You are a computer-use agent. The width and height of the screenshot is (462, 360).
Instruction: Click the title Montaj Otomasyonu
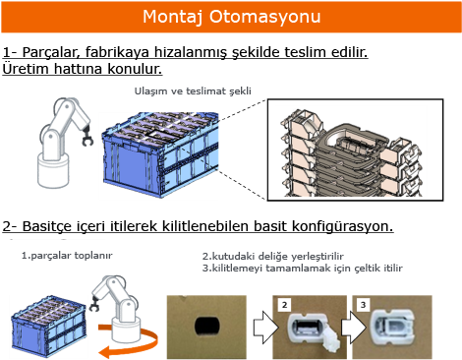point(231,17)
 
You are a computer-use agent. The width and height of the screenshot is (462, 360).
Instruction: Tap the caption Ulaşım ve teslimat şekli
point(193,90)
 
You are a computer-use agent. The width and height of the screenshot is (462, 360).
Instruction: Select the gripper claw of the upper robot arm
point(87,137)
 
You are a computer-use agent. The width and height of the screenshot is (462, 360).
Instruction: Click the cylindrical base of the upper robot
point(53,171)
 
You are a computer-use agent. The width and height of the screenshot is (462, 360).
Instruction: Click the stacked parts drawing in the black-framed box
point(351,152)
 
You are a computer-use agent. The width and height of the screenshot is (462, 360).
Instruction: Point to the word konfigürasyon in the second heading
point(342,226)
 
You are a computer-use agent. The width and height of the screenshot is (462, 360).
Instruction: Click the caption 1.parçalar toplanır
point(67,256)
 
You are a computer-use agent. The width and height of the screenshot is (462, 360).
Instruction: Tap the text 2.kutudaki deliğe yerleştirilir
point(272,256)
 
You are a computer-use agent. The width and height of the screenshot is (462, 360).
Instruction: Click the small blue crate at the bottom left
point(48,326)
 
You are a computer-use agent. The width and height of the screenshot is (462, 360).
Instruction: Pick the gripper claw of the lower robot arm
point(94,304)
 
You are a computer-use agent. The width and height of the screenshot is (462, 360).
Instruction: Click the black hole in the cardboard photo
point(207,327)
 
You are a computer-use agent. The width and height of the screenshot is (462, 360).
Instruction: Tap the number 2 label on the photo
point(284,305)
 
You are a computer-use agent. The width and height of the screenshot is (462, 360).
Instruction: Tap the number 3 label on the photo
point(363,305)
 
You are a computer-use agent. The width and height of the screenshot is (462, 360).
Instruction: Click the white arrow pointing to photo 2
point(265,327)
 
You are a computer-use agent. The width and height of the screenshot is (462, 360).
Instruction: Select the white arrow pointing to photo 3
point(353,327)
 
